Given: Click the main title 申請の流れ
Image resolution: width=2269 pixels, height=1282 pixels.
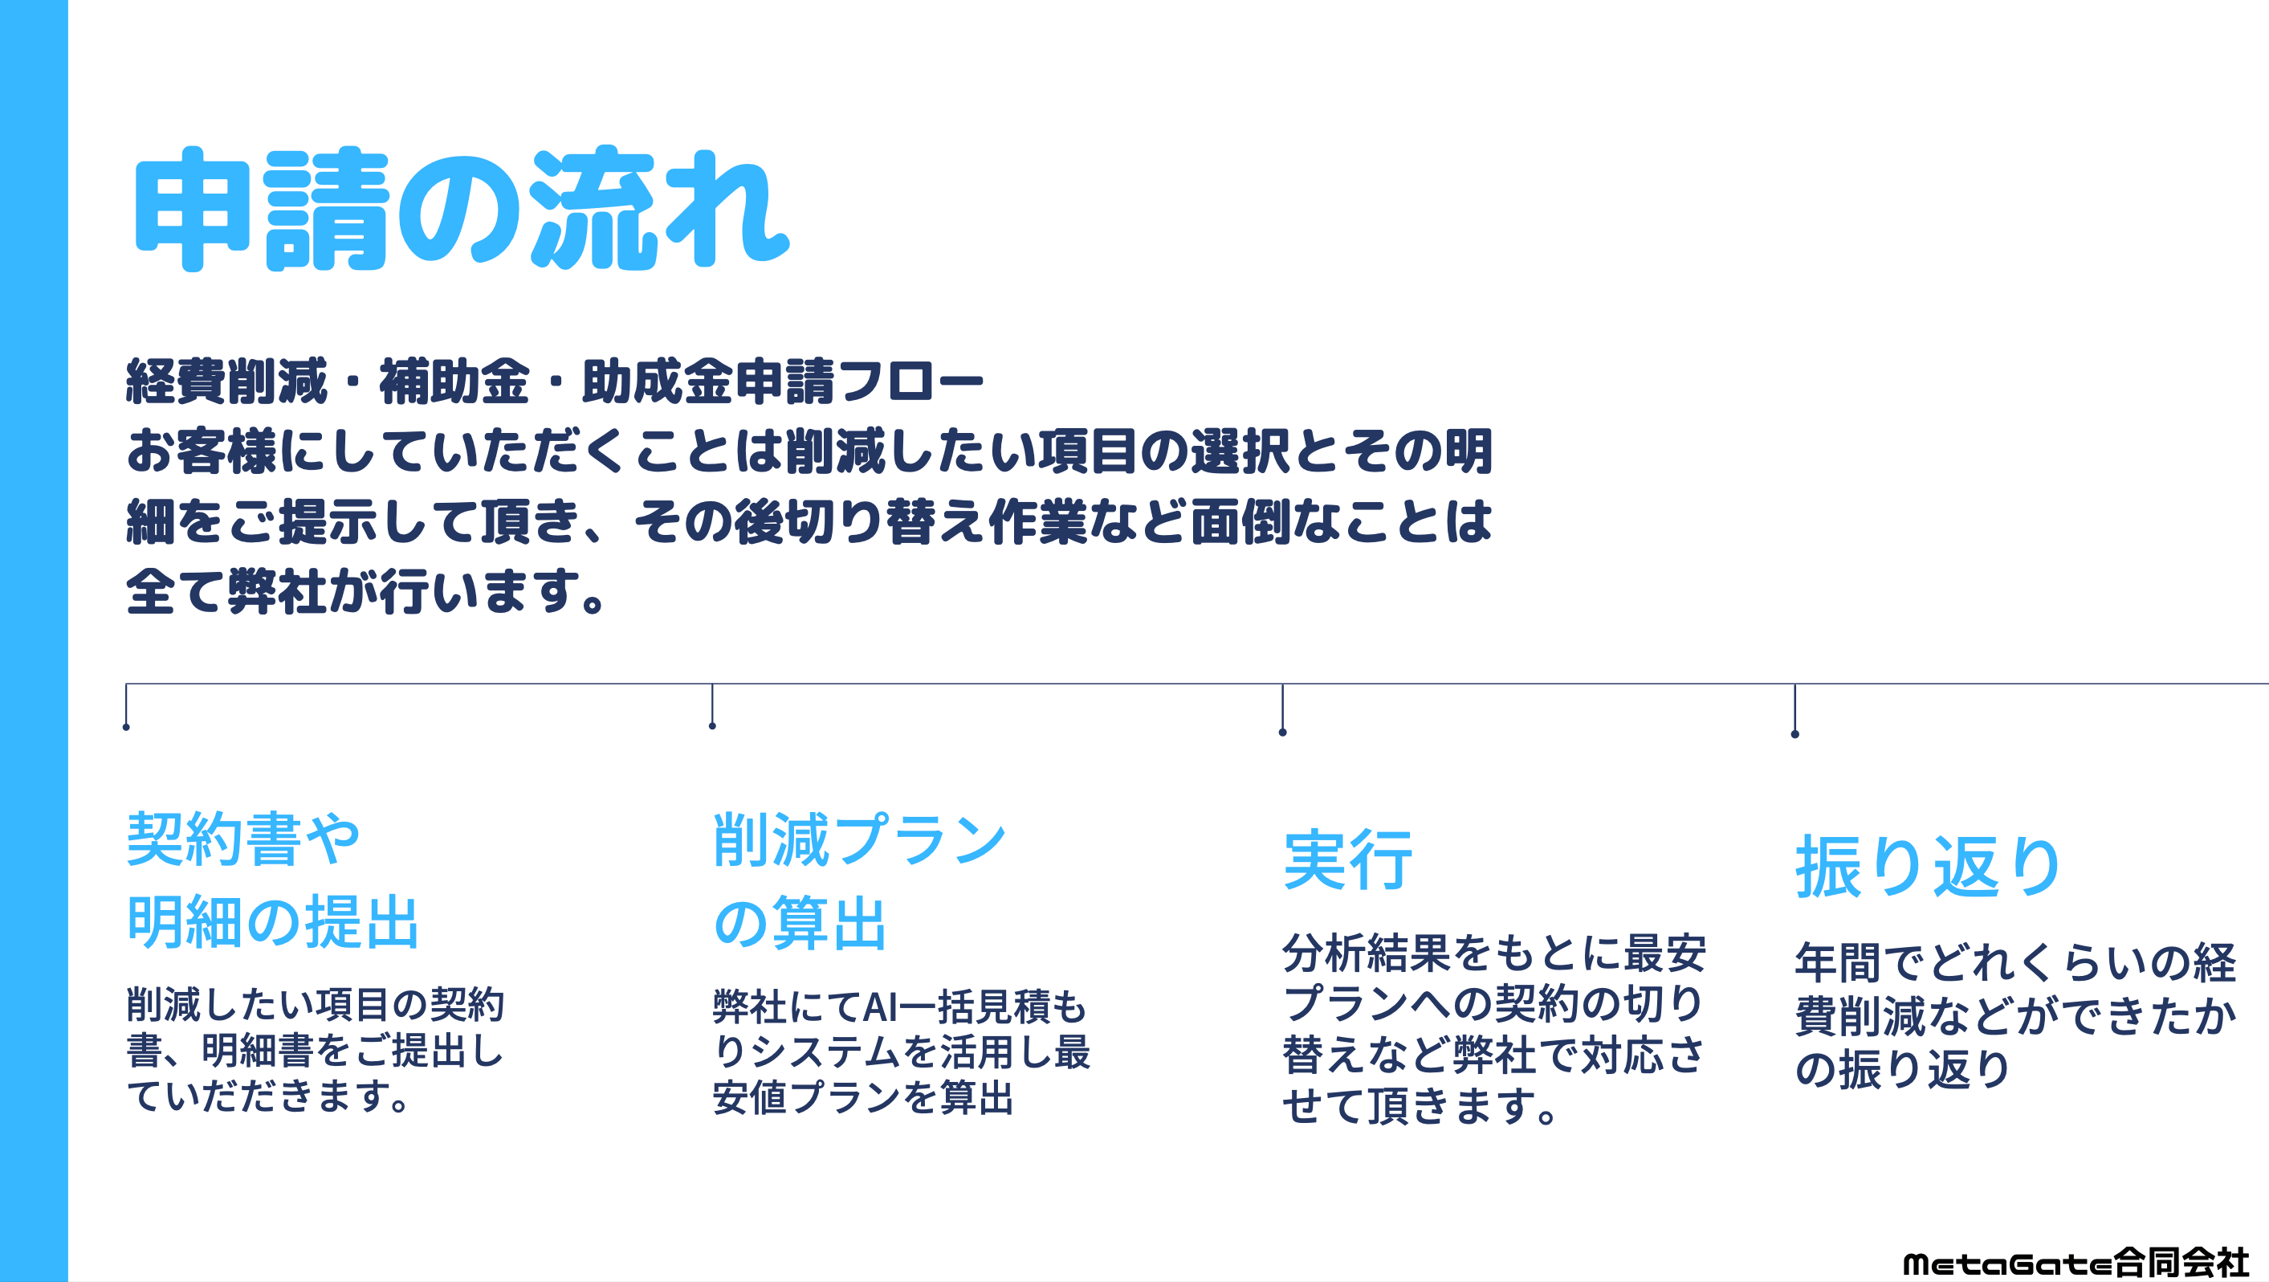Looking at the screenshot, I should (x=461, y=209).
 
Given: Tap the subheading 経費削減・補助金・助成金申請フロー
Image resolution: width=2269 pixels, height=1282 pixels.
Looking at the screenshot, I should (x=554, y=382).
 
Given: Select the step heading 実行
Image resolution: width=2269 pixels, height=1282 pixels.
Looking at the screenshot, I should (x=1347, y=860).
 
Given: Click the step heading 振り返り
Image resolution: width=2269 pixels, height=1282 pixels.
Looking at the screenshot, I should (x=1927, y=867).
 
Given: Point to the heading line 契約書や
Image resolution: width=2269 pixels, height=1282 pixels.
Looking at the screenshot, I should (x=244, y=839).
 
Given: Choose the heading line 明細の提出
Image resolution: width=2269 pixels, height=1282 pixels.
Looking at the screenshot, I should (x=273, y=922).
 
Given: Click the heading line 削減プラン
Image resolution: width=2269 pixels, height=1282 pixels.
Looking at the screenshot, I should (x=859, y=839).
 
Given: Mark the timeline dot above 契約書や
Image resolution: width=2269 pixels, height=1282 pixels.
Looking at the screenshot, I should (x=126, y=727).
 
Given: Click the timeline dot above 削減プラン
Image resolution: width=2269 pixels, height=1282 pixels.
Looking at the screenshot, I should (x=711, y=726).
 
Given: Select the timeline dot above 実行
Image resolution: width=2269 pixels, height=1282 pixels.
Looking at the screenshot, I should (x=1282, y=733).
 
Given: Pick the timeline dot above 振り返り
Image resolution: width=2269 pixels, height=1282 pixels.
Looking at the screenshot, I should (x=1794, y=734).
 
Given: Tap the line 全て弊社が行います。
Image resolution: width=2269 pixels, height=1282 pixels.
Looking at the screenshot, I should (x=365, y=591).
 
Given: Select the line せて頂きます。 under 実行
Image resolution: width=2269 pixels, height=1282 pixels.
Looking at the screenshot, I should (x=1420, y=1106).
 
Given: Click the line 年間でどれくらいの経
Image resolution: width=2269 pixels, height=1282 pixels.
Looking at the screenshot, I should (x=2015, y=962).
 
